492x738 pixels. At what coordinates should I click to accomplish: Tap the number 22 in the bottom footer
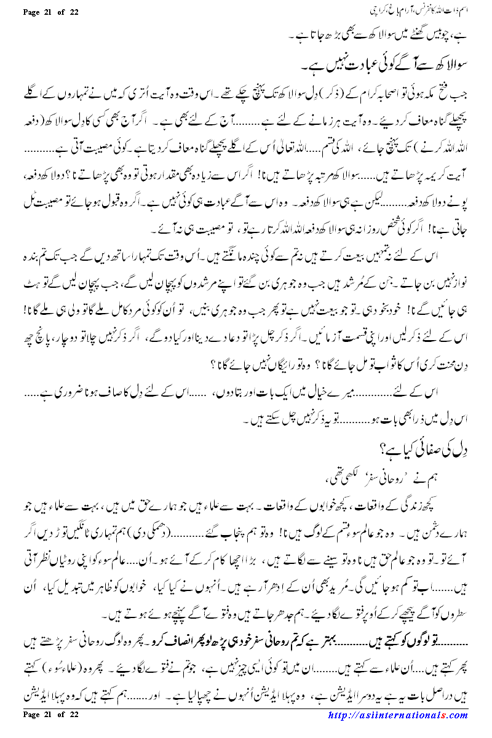[x=74, y=731]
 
